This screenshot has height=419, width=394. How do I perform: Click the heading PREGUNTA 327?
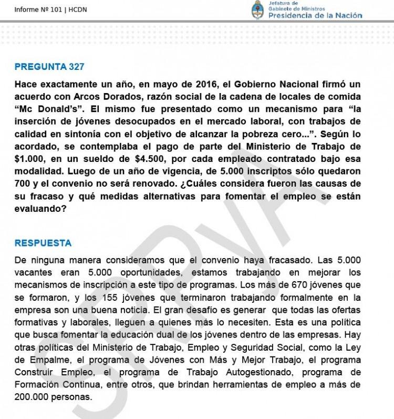click(49, 67)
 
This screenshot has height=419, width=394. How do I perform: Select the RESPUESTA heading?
click(43, 243)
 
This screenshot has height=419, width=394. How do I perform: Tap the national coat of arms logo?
click(257, 9)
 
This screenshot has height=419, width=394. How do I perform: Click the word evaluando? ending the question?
click(40, 208)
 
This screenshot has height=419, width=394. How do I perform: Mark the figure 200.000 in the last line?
click(32, 397)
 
